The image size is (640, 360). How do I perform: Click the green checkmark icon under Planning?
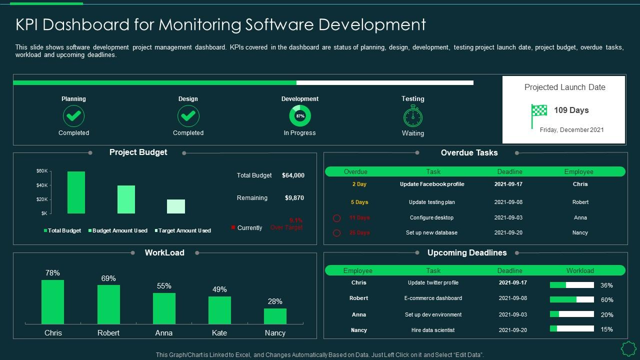point(73,116)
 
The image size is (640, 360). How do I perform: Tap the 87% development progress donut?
point(300,116)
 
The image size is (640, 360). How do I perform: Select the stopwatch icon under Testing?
point(413,116)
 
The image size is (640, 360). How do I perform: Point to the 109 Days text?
point(571,110)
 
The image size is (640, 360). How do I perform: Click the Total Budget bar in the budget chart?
point(76,192)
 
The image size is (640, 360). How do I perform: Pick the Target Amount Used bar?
point(176,206)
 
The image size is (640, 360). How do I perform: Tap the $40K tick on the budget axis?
point(42,185)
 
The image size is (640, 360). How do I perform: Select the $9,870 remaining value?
point(294,198)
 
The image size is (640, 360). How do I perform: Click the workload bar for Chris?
point(52,302)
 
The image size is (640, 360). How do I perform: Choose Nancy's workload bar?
point(275,316)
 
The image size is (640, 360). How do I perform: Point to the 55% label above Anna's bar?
point(164,286)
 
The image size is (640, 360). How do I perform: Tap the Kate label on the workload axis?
point(219,333)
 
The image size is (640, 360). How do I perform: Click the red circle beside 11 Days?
point(337,218)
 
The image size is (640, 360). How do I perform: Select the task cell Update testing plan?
point(432,202)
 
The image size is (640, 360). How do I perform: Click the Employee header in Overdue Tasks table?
point(578,172)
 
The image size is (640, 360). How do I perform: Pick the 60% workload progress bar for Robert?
point(571,299)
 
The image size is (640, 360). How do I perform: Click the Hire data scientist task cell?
point(433,330)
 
